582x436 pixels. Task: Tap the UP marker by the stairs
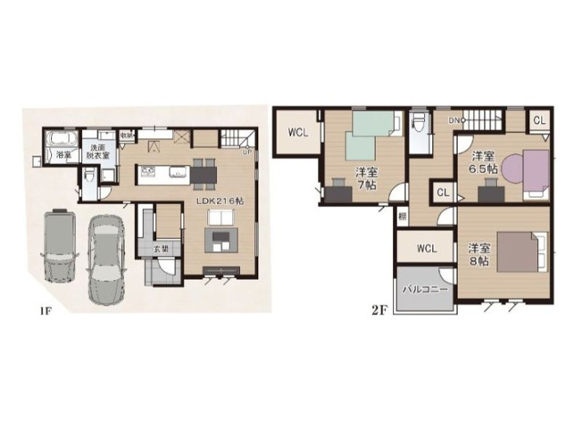[x=247, y=152]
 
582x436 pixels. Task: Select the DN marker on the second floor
[x=454, y=119]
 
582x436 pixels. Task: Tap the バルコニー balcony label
[x=424, y=290]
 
